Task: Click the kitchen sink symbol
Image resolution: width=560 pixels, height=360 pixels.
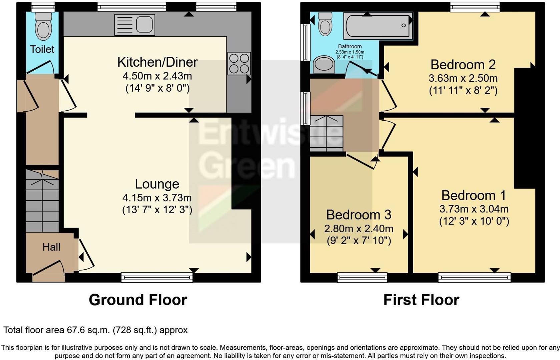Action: point(134,25)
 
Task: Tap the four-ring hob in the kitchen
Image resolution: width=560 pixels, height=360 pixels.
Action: point(239,63)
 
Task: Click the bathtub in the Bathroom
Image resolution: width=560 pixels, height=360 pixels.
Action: point(378,26)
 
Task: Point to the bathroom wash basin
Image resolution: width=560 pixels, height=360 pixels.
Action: point(324,64)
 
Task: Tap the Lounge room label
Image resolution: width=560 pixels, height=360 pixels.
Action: point(157,184)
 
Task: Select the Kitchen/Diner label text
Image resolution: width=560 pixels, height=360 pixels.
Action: point(157,62)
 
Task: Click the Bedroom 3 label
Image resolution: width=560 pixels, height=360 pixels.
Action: point(359,215)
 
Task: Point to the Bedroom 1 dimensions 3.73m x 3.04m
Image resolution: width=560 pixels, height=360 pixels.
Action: point(474,209)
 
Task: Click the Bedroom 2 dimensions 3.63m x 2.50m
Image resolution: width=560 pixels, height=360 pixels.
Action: point(463,79)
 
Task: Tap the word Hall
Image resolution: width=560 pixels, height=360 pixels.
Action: point(51,247)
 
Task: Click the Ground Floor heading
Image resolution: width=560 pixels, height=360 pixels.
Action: point(138,300)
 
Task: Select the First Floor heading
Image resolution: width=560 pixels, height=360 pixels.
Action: point(421,300)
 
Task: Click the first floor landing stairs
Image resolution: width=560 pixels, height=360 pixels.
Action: point(326,133)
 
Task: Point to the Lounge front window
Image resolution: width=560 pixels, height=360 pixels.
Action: point(157,277)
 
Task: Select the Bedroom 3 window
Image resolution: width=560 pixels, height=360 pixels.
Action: point(362,277)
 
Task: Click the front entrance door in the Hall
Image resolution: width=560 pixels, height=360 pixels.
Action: point(49,268)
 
